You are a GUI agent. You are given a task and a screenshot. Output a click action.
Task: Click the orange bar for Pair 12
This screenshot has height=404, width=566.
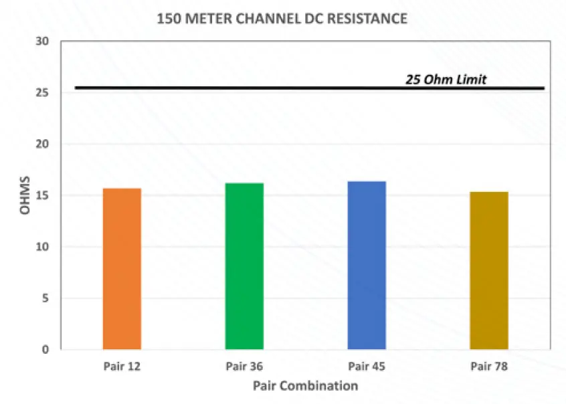click(x=122, y=268)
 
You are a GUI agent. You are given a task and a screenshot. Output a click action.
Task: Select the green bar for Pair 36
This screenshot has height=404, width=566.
click(x=244, y=266)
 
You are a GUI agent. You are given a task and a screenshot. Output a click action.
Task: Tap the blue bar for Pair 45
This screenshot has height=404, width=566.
click(x=367, y=265)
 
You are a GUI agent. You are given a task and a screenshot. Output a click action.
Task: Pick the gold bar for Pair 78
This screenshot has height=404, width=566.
click(x=489, y=270)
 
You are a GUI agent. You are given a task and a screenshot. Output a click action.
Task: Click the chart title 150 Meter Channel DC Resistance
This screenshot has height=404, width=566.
click(x=282, y=19)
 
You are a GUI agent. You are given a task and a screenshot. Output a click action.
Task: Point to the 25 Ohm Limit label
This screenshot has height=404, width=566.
click(x=446, y=79)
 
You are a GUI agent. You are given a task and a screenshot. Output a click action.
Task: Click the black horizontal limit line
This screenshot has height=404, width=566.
click(x=268, y=88)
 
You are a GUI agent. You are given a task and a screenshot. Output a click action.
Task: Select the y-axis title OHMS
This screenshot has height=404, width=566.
click(x=25, y=195)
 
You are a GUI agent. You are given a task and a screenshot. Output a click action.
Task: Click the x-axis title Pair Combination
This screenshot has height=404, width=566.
click(x=305, y=386)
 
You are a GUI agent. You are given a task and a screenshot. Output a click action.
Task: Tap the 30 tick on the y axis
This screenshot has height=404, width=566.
click(x=43, y=41)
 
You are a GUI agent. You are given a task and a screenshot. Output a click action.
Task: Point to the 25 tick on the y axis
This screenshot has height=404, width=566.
click(x=43, y=93)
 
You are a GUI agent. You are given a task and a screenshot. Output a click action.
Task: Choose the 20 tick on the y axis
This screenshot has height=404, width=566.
click(x=43, y=144)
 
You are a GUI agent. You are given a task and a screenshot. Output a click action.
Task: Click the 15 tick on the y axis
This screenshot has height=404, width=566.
click(x=43, y=195)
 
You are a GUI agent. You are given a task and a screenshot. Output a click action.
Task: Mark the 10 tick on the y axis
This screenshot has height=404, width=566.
click(x=43, y=247)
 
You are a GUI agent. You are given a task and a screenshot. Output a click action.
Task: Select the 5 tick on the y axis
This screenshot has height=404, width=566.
click(x=46, y=298)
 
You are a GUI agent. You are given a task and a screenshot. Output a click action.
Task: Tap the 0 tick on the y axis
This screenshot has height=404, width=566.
click(x=46, y=349)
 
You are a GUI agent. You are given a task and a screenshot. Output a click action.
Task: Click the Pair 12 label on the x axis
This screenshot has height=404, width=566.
click(x=122, y=366)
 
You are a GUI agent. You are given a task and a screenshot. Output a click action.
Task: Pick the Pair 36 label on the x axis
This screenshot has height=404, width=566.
click(x=244, y=366)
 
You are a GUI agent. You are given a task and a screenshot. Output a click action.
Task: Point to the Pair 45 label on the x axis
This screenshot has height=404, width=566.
click(x=367, y=366)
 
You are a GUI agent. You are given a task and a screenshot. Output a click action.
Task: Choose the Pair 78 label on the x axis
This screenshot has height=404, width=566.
click(x=489, y=366)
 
